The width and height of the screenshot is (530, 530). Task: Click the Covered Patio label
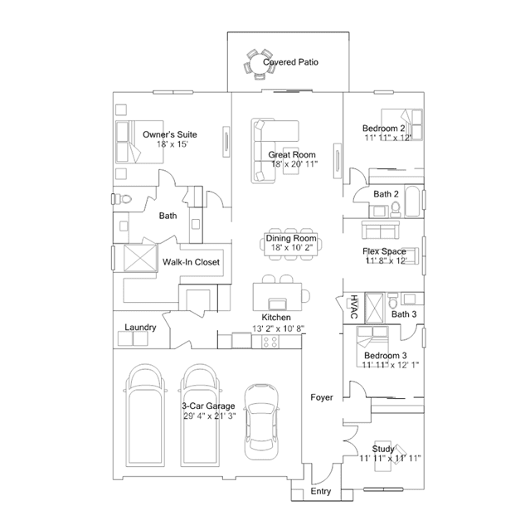point(290,62)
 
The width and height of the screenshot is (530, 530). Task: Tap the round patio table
point(258,64)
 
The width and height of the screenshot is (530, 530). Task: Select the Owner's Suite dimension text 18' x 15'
point(172,144)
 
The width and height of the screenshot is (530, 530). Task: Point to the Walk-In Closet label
point(191,262)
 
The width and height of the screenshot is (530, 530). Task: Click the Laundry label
point(140,327)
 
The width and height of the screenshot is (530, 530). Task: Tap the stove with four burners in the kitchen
point(270,342)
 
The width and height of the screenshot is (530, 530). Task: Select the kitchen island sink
point(278,304)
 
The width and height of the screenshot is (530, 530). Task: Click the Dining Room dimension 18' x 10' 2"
point(292,247)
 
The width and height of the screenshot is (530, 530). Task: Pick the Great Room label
point(292,155)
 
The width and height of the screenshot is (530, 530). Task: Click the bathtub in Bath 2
point(412,201)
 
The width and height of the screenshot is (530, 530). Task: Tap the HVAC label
point(353,307)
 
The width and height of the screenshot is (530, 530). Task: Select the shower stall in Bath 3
point(375,308)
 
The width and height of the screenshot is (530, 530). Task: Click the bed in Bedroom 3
point(372,347)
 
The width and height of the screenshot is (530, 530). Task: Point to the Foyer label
point(322,397)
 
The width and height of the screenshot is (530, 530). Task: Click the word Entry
point(321,491)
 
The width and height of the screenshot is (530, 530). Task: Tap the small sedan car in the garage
point(262,421)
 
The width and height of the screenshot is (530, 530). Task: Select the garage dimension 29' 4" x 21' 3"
point(210,416)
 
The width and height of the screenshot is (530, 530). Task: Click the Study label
point(383,449)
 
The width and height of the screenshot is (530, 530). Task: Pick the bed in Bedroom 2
point(402,124)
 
